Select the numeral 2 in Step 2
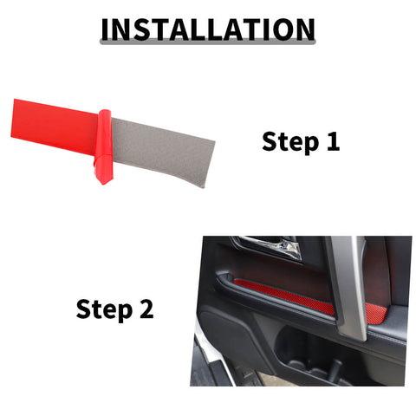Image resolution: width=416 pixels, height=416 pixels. (x=145, y=309)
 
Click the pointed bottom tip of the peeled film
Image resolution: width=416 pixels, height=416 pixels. (x=105, y=180)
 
